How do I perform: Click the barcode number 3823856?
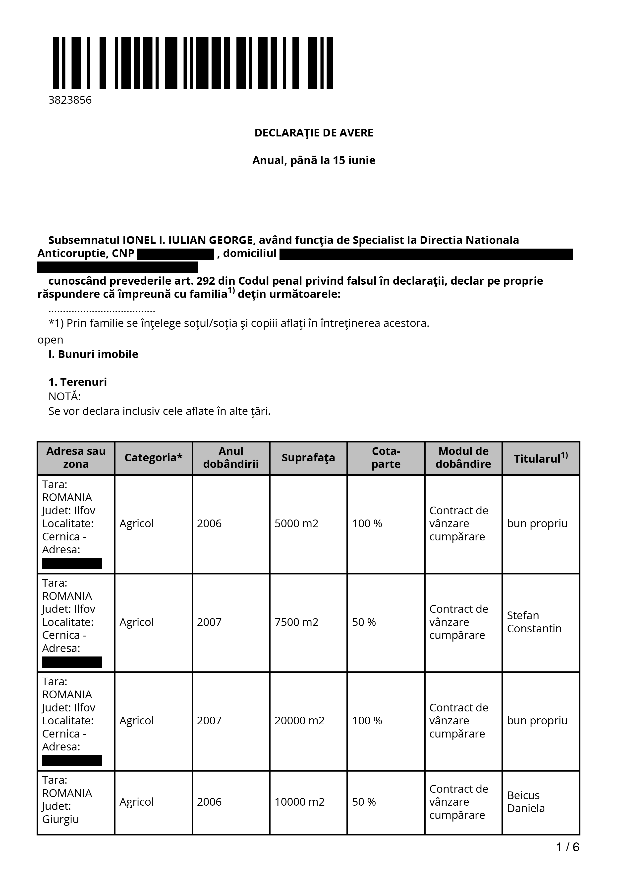tap(70, 100)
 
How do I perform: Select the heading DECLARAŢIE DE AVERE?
tap(314, 133)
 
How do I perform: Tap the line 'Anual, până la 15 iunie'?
tap(314, 160)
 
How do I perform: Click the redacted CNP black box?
tap(176, 254)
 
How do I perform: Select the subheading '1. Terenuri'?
tap(78, 382)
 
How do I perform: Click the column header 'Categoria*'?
tap(153, 458)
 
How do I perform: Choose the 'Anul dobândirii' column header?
tap(231, 458)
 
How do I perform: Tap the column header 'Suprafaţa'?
tap(308, 458)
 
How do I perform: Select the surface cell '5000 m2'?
tap(296, 523)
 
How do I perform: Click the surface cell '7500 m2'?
tap(296, 622)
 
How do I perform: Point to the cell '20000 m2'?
tap(300, 720)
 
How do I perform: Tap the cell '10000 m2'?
tap(300, 802)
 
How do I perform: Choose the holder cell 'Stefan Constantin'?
tap(534, 622)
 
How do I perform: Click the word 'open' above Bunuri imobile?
tap(50, 340)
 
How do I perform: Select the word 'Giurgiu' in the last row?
tap(60, 819)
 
